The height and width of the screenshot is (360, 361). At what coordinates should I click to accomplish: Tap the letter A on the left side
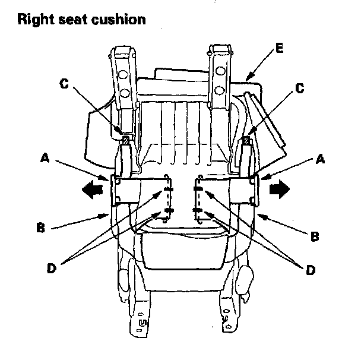45,158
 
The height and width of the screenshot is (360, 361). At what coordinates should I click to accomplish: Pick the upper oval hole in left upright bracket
123,75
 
